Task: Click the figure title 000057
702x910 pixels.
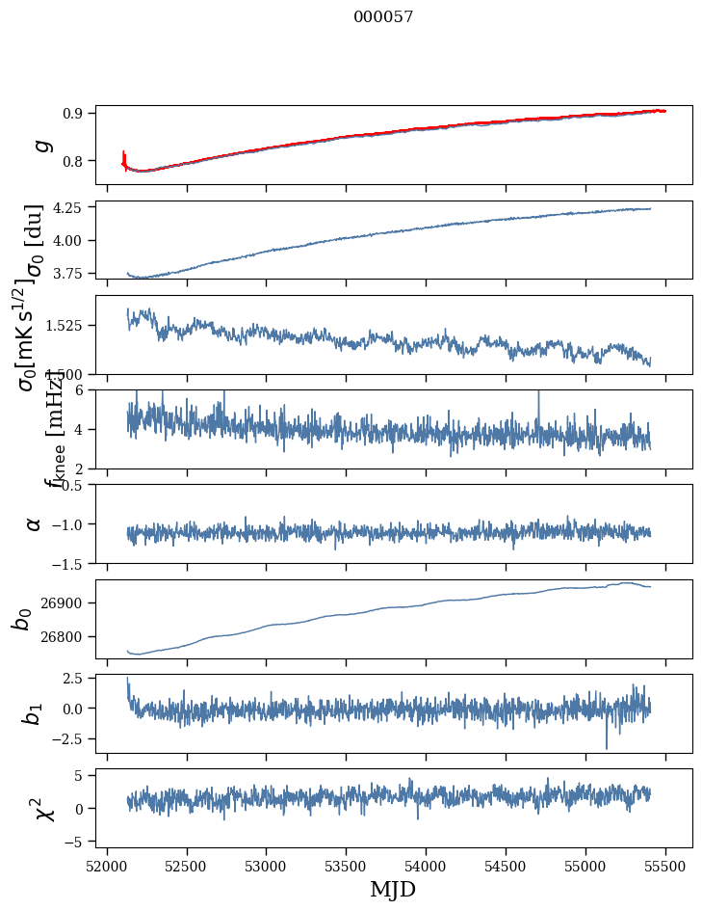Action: (383, 16)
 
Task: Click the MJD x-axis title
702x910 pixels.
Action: (393, 889)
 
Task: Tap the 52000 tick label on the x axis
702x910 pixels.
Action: (107, 864)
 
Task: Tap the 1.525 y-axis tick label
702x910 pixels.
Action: (66, 326)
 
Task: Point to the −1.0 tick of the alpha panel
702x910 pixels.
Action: (69, 523)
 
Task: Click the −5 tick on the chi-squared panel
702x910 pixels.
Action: (76, 842)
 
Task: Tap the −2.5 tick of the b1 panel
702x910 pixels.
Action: (69, 738)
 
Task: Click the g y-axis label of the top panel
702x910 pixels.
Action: (40, 145)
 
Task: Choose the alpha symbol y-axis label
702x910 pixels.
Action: (34, 522)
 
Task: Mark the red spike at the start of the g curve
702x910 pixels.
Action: (124, 156)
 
